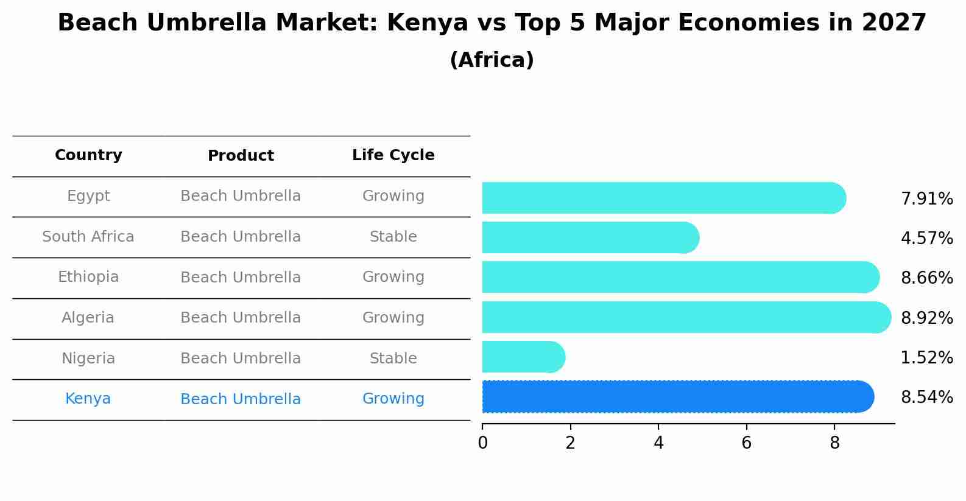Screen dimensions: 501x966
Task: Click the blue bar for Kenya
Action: coord(676,397)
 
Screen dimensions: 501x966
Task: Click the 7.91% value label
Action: coord(926,199)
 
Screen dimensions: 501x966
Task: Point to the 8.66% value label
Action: coord(926,278)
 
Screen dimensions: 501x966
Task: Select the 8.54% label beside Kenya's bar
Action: coord(926,398)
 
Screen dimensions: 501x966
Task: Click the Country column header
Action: coord(88,155)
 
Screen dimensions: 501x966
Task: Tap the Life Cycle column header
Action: coord(393,155)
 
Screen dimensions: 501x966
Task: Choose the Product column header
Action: coord(241,156)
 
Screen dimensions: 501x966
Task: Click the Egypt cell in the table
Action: coord(88,196)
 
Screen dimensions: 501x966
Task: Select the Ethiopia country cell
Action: coord(88,277)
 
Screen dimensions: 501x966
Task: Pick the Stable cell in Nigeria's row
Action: coord(393,359)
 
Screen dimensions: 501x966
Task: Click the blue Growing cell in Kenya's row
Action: coord(393,399)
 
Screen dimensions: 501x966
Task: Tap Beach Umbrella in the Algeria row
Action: coord(241,318)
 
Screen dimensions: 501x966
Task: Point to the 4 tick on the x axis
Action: coord(658,443)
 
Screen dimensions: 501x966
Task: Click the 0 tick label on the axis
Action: coord(482,443)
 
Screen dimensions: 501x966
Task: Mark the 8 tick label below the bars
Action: coord(834,443)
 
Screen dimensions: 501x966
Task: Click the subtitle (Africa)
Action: coord(492,60)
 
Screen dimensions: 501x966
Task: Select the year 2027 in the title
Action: coord(894,23)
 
